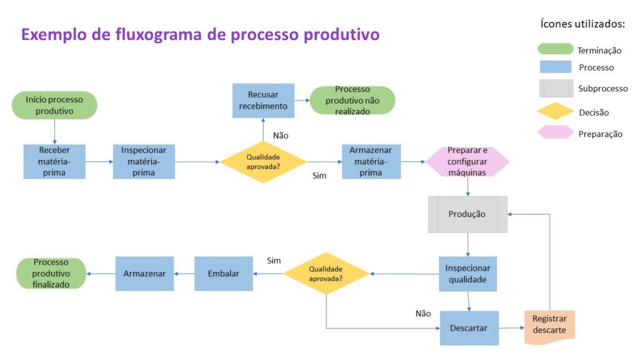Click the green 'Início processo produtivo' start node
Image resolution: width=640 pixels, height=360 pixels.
[54, 106]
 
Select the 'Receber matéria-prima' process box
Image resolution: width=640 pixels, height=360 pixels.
[54, 161]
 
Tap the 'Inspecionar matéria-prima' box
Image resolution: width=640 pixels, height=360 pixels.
[144, 161]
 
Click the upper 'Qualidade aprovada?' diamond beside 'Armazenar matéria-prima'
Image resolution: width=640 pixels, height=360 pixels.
[263, 162]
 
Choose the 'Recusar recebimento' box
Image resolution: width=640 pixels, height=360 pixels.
[263, 101]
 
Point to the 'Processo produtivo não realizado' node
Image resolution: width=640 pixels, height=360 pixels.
[352, 101]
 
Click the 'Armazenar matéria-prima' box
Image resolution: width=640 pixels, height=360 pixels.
[371, 161]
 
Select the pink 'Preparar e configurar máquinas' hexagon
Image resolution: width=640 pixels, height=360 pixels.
[467, 161]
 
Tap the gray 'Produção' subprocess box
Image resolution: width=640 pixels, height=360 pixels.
[467, 214]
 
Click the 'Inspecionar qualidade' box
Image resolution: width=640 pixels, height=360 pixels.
[467, 274]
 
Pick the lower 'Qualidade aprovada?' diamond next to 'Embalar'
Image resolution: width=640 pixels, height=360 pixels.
[326, 274]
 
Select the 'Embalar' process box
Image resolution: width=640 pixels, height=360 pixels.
[224, 274]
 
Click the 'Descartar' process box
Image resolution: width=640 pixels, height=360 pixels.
[469, 327]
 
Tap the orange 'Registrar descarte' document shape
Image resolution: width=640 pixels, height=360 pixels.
[549, 325]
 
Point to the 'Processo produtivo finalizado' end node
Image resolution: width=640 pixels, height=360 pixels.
[51, 274]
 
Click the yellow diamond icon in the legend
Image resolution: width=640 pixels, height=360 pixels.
[556, 112]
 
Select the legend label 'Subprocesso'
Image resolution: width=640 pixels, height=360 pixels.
[602, 89]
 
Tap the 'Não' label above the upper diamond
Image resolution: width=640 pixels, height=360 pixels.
[281, 135]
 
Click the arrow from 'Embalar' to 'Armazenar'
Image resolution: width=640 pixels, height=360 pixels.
[184, 274]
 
